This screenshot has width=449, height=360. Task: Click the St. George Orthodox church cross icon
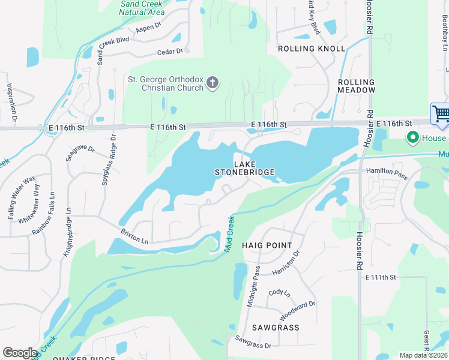pyautogui.click(x=212, y=83)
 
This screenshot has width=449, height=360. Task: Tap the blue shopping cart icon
pyautogui.click(x=441, y=113)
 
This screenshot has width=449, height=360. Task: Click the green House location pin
pyautogui.click(x=412, y=138)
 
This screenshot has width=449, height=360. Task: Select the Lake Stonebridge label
pyautogui.click(x=245, y=168)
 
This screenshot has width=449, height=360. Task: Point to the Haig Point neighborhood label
pyautogui.click(x=267, y=245)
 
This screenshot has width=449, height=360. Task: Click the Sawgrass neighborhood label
pyautogui.click(x=276, y=328)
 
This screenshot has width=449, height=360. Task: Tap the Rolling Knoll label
pyautogui.click(x=311, y=49)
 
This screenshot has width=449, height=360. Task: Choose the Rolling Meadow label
pyautogui.click(x=357, y=86)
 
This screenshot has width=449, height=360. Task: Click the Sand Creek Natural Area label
pyautogui.click(x=142, y=8)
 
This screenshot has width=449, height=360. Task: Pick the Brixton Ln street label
pyautogui.click(x=134, y=235)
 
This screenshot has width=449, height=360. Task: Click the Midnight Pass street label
pyautogui.click(x=254, y=286)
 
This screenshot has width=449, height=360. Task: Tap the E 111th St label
pyautogui.click(x=381, y=277)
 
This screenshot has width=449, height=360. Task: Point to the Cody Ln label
pyautogui.click(x=279, y=293)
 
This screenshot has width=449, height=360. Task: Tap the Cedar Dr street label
pyautogui.click(x=169, y=52)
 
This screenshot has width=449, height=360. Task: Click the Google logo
pyautogui.click(x=20, y=353)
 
